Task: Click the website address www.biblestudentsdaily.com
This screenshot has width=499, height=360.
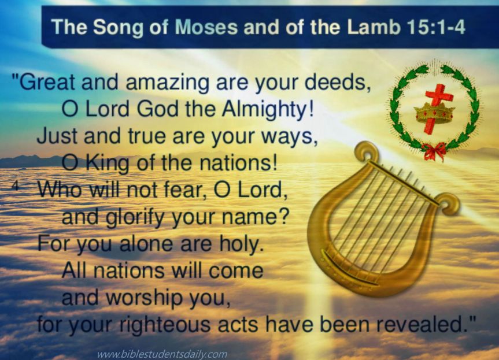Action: point(161,354)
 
